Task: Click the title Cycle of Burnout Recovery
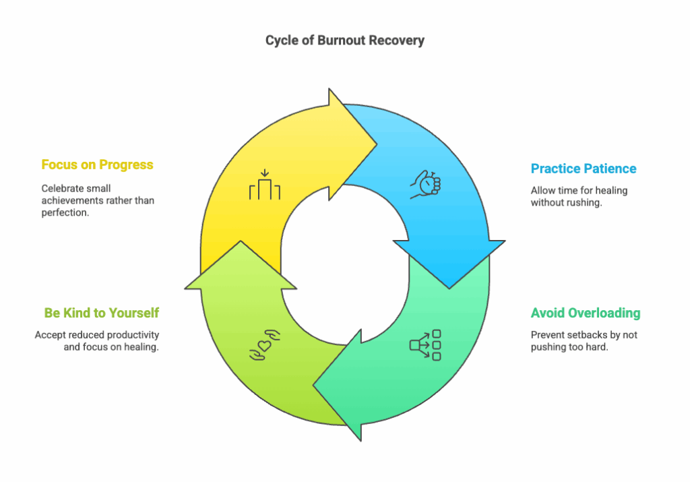344,40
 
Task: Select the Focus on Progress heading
97,164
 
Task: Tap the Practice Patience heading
584,169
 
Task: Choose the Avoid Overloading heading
586,313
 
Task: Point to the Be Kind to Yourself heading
101,313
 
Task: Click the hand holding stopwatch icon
426,185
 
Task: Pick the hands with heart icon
265,345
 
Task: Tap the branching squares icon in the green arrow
425,345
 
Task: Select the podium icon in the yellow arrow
265,185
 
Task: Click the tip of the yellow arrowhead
377,144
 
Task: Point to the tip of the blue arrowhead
449,289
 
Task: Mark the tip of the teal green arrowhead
313,386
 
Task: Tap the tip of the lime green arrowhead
241,241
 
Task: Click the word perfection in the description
65,212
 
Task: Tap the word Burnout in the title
341,40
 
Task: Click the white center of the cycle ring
345,264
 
